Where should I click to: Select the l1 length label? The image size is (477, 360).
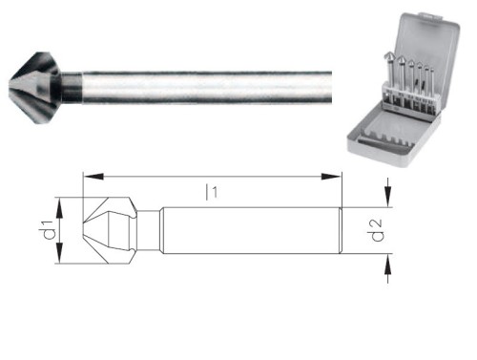click(x=211, y=192)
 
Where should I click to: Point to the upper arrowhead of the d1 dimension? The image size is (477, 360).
click(x=59, y=202)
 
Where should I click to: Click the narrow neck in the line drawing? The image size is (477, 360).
click(x=151, y=230)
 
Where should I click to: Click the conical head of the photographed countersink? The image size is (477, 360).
click(x=33, y=85)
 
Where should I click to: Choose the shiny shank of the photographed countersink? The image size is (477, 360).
click(x=210, y=85)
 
